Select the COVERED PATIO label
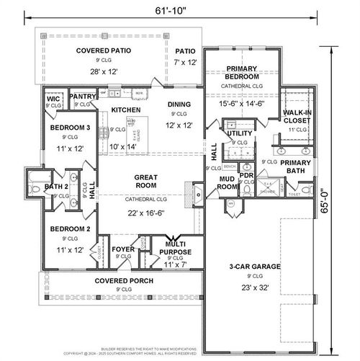[107, 50]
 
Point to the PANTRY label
[83, 95]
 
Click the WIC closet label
[52, 98]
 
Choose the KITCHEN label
[125, 110]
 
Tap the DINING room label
[179, 104]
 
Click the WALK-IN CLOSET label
[297, 117]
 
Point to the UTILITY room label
[239, 133]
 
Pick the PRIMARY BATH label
[296, 167]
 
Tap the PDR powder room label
[246, 174]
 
